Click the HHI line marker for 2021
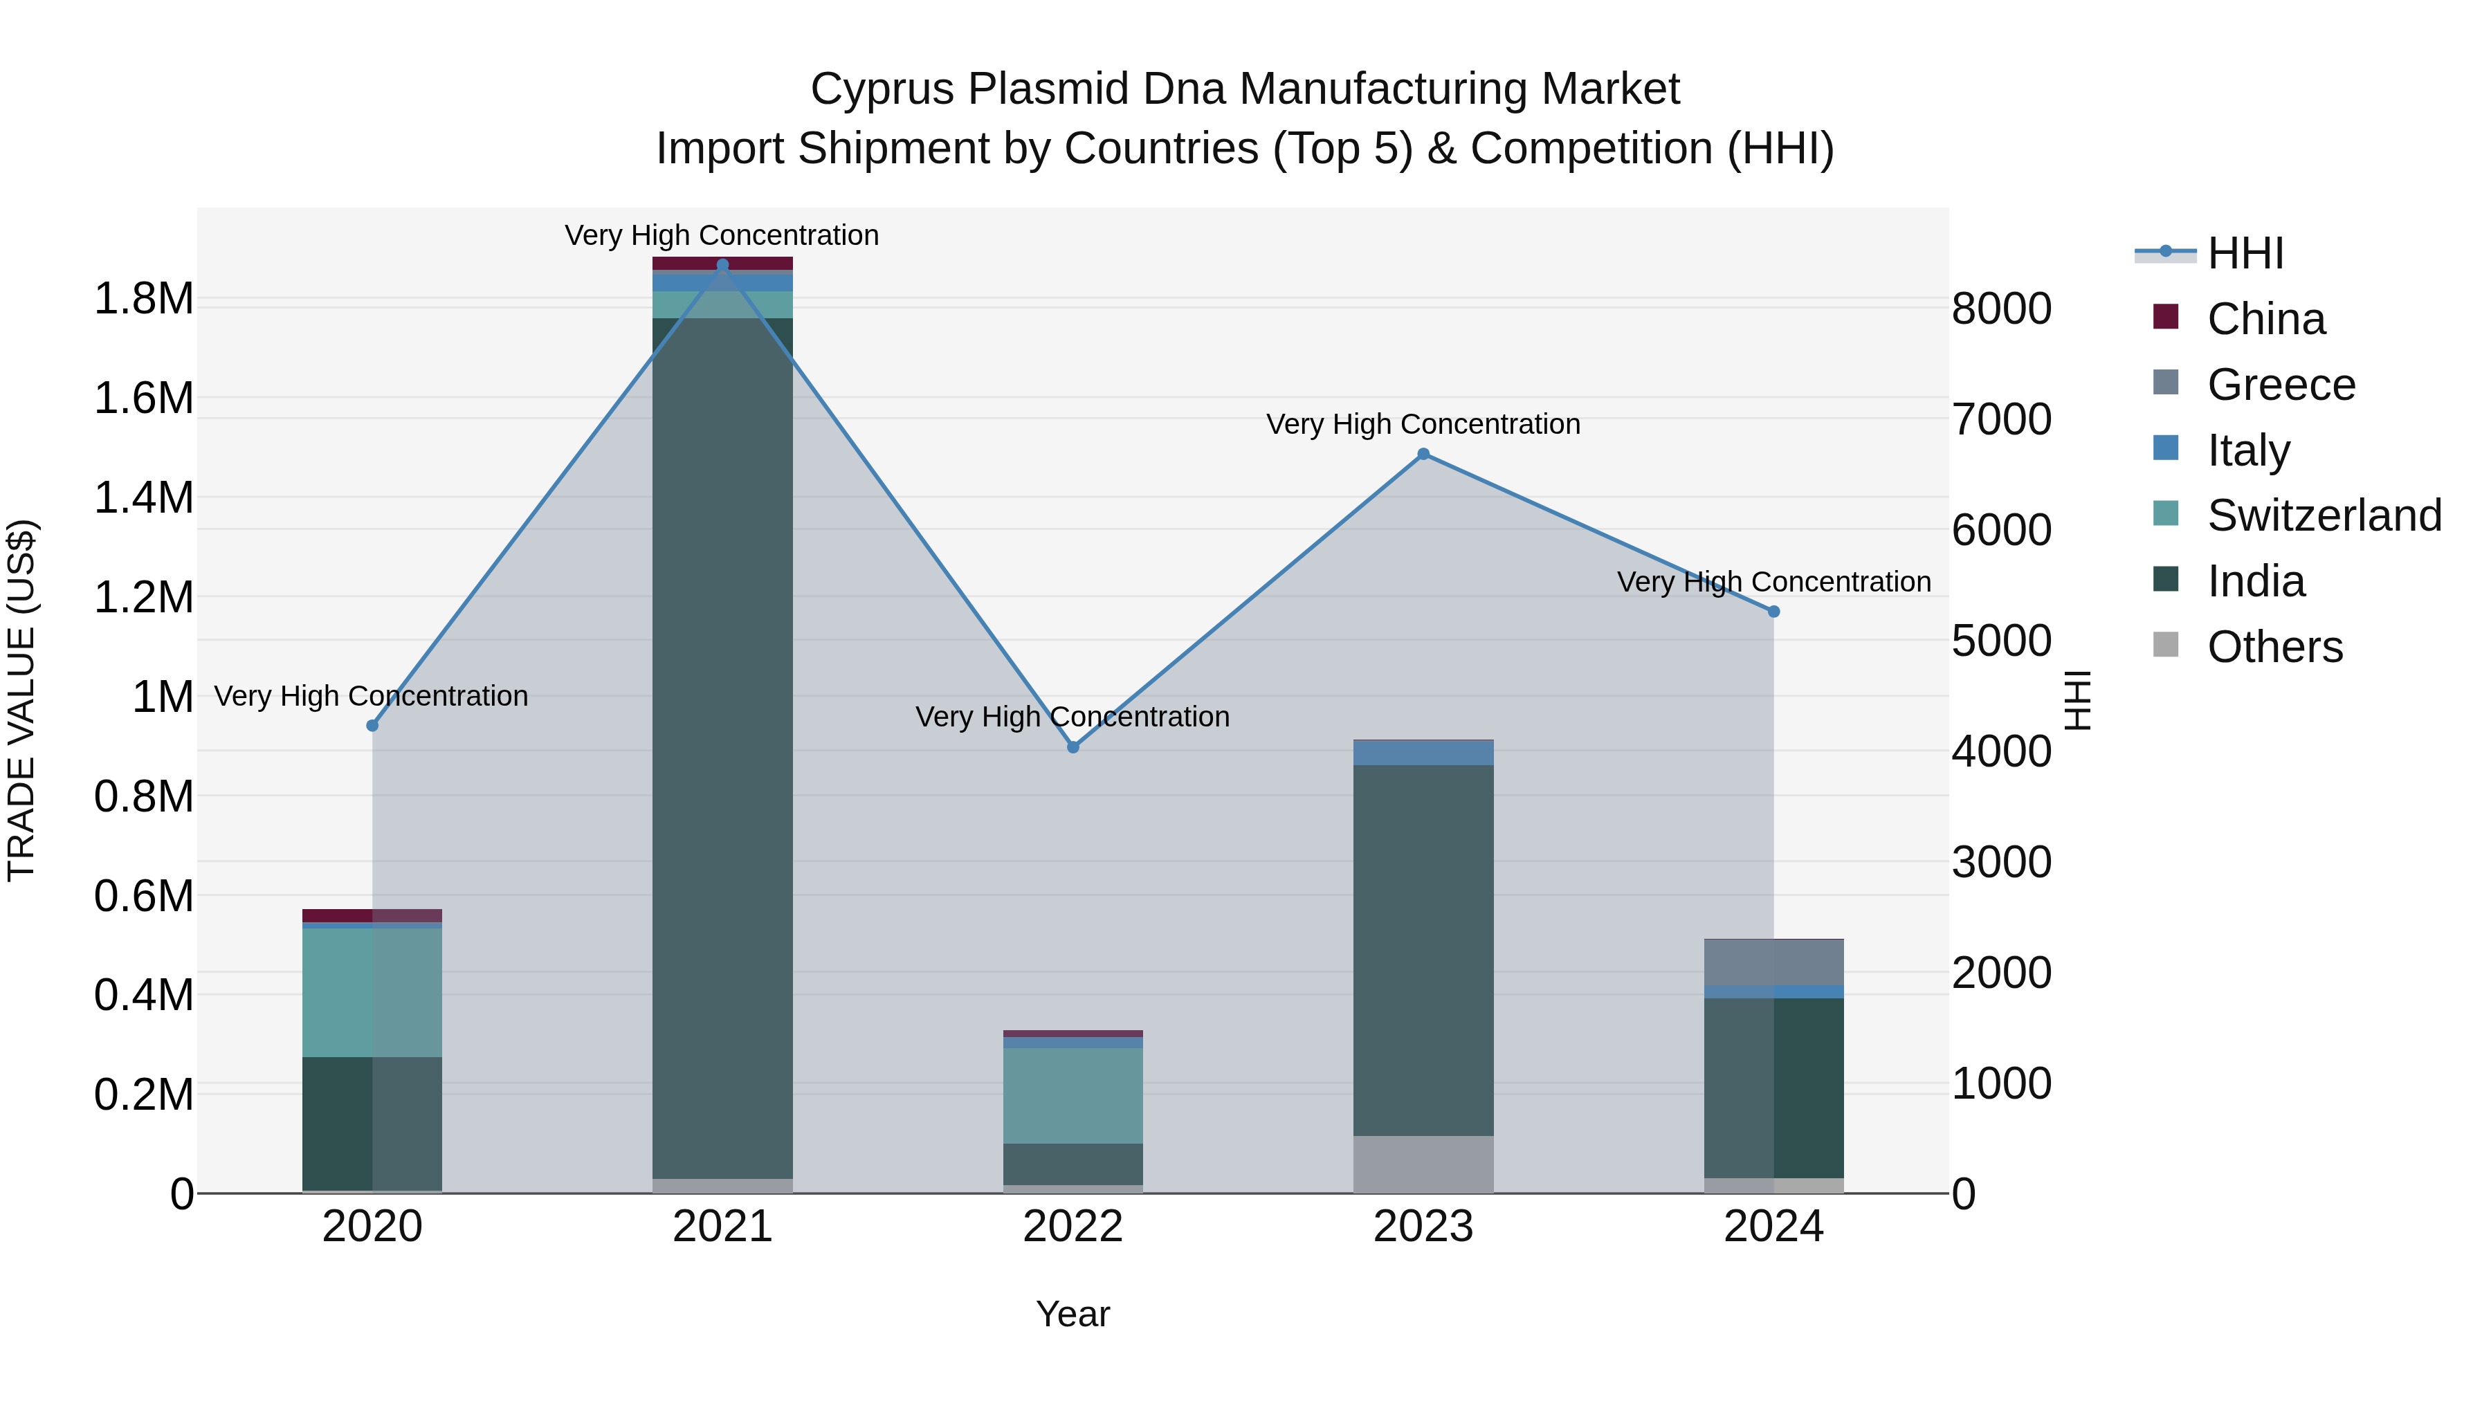point(722,265)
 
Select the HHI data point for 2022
point(1073,747)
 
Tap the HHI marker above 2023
point(1423,453)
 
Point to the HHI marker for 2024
point(1773,611)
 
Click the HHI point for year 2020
point(372,725)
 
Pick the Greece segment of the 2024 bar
point(1773,962)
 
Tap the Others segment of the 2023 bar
point(1423,1164)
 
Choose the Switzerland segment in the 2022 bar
point(1073,1095)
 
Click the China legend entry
point(2265,319)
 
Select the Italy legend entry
point(2248,450)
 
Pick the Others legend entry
point(2274,647)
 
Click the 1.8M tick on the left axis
point(143,299)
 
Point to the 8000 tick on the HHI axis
point(2000,309)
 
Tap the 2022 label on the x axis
point(1073,1227)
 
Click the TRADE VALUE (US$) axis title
point(22,700)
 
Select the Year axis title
point(1073,1314)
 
